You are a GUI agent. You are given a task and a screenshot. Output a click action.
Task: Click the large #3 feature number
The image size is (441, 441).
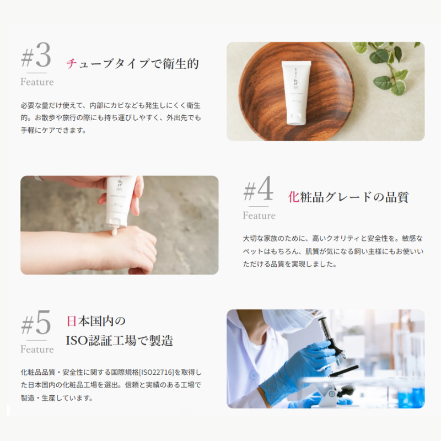pos(36,55)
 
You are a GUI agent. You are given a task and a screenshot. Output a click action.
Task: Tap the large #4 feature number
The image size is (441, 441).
pos(258,189)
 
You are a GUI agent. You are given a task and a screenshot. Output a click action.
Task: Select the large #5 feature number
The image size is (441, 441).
pos(36,322)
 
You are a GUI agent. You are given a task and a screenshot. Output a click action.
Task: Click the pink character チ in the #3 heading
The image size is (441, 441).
pos(72,63)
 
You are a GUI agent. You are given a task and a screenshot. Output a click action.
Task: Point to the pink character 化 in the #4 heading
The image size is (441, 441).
pos(294,197)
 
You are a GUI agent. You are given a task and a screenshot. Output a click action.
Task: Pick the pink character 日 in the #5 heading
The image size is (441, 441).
pos(72,321)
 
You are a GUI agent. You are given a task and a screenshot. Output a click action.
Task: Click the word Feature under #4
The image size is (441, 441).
pos(259,216)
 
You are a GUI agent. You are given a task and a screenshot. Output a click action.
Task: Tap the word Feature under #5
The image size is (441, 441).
pos(37,349)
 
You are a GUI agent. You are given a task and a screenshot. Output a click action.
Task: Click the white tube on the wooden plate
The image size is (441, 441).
pos(296,93)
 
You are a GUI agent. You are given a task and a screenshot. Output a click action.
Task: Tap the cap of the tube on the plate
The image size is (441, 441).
pos(296,119)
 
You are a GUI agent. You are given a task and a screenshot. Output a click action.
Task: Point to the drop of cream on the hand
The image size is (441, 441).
pos(114,232)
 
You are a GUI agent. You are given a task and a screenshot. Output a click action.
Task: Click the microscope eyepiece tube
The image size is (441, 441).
pos(326,329)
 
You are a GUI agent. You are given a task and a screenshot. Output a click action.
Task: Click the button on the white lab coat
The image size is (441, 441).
pos(254,375)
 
